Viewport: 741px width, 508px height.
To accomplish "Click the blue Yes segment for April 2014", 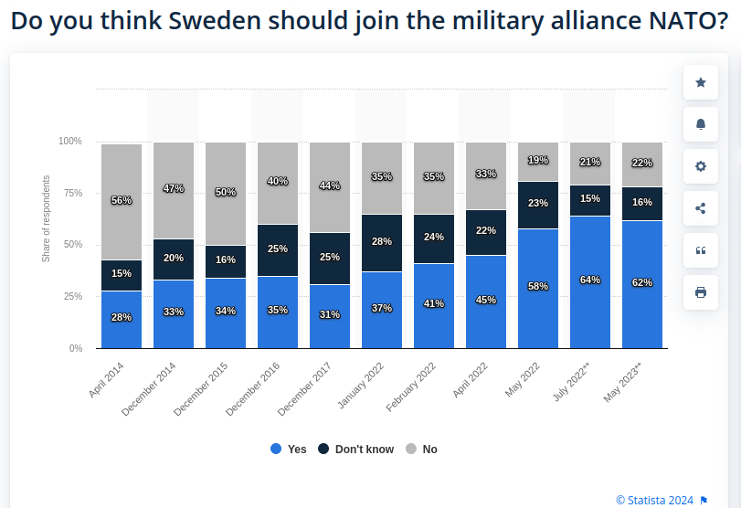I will [x=122, y=320].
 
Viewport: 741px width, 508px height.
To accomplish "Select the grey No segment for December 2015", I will [x=226, y=194].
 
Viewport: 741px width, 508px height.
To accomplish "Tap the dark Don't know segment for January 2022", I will [x=382, y=243].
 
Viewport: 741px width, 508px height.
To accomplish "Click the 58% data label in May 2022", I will [x=538, y=286].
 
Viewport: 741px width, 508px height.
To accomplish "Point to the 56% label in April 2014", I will [x=122, y=200].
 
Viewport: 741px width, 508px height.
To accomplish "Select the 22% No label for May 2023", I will [x=642, y=163].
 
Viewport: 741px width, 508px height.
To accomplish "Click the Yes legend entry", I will [x=289, y=449].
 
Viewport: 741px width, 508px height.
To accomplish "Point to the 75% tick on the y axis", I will [x=70, y=193].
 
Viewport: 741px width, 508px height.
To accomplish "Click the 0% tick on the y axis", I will [x=75, y=348].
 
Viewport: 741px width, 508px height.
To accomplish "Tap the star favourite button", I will [x=701, y=82].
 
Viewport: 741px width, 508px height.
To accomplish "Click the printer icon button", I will [x=701, y=292].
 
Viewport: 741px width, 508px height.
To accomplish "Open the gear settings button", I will [x=701, y=166].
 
